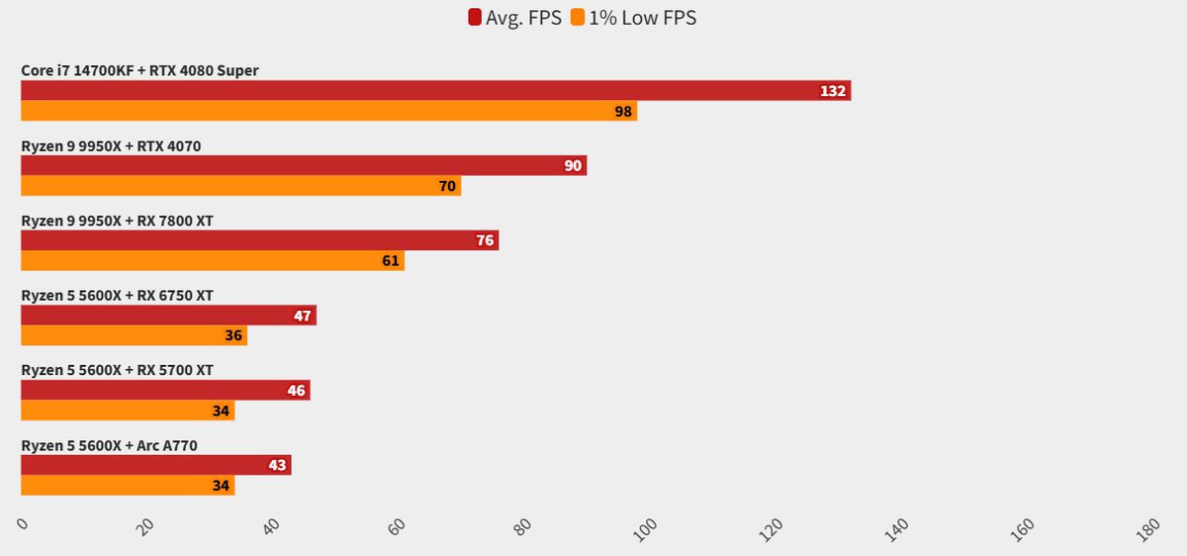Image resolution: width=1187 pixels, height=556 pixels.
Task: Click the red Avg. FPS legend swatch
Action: [x=475, y=18]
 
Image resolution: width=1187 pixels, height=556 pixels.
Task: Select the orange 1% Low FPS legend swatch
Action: [x=578, y=18]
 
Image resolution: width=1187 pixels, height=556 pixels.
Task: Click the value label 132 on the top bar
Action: [x=833, y=91]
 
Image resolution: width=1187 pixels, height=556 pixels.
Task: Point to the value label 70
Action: [x=447, y=186]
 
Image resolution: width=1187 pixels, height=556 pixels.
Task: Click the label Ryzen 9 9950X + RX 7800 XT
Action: [x=117, y=222]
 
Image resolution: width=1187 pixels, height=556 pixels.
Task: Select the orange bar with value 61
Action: [x=213, y=260]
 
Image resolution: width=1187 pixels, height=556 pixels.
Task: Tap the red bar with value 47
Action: [x=168, y=316]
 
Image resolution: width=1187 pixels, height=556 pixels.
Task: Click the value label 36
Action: [x=233, y=335]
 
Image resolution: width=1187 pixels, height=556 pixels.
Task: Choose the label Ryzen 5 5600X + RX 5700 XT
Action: [x=117, y=371]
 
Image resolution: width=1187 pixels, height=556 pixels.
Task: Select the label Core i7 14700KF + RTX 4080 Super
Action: [x=139, y=71]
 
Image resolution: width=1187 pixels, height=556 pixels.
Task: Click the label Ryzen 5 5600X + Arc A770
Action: [x=109, y=446]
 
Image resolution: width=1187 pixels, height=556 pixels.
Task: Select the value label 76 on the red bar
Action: [x=484, y=240]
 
